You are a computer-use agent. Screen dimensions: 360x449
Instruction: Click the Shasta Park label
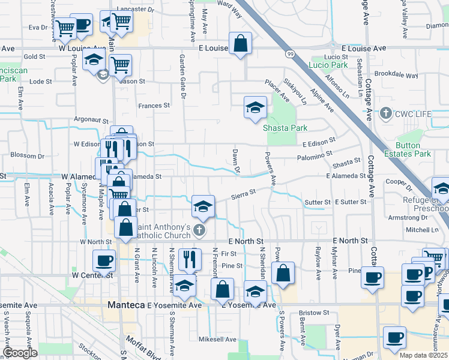(285, 128)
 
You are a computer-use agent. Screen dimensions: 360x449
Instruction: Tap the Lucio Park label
(328, 65)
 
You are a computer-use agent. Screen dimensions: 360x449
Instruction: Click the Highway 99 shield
(291, 55)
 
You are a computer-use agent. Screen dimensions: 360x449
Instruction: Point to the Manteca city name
(126, 305)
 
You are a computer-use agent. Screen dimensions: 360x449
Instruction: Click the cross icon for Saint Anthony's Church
(200, 230)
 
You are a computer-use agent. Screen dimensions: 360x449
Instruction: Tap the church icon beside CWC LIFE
(386, 113)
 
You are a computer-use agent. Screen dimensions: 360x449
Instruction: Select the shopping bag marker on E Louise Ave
(240, 43)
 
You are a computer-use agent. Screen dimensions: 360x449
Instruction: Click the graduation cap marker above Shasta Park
(255, 108)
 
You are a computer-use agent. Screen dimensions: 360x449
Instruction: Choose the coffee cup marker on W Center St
(104, 260)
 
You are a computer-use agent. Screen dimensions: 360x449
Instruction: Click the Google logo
(20, 353)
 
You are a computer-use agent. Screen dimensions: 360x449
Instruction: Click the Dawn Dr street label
(236, 162)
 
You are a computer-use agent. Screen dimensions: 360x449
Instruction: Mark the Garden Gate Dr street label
(182, 68)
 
